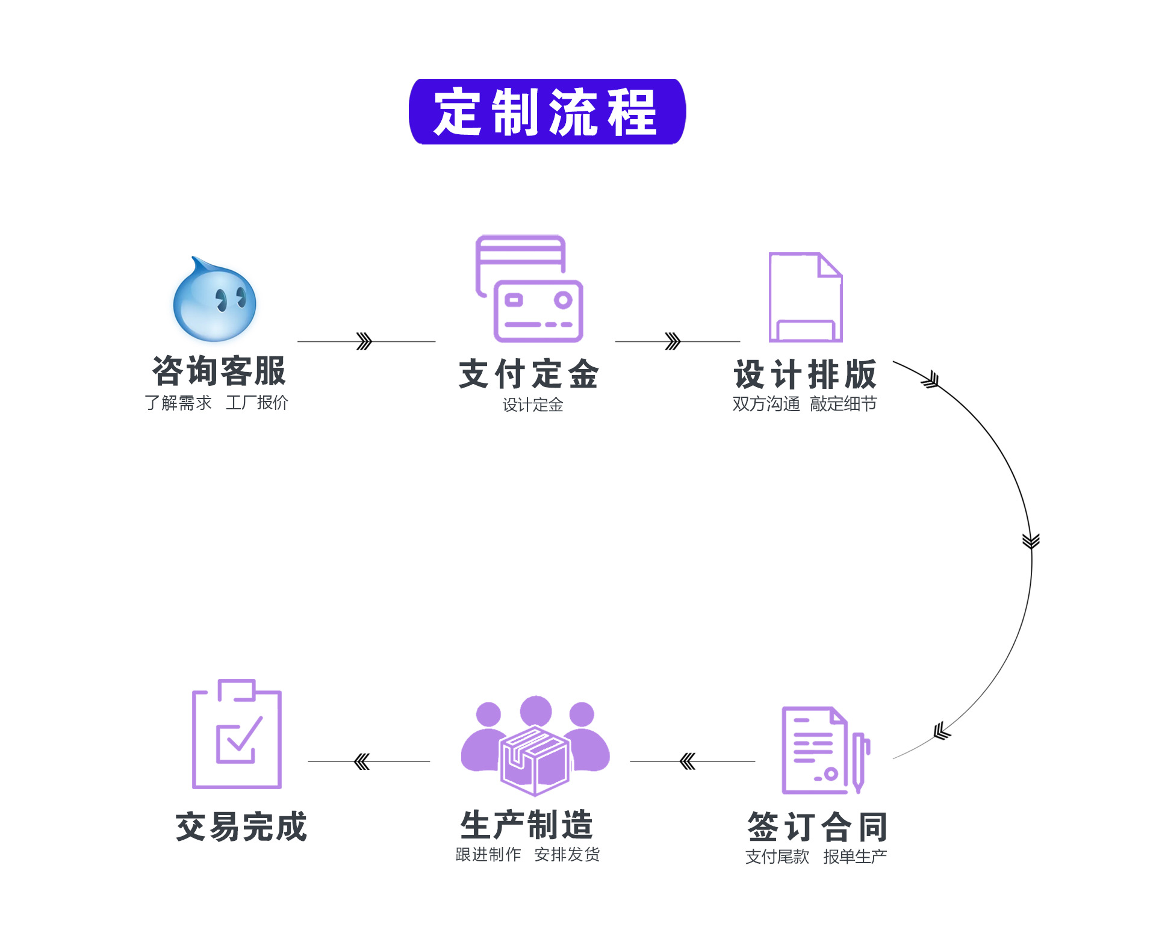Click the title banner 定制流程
tap(547, 112)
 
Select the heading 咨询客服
tap(219, 371)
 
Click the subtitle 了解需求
tap(178, 403)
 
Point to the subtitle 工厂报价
tap(257, 403)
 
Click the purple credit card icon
tap(530, 289)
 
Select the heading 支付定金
tap(529, 374)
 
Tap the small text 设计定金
tap(533, 405)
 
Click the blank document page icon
tap(805, 297)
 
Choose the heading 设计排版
tap(805, 374)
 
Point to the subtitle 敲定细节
tap(843, 404)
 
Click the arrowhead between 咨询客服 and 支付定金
tap(364, 341)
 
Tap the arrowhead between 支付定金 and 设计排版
tap(673, 341)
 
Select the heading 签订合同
tap(817, 826)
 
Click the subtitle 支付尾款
tap(777, 857)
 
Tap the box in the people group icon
tap(535, 760)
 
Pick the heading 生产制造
tap(527, 825)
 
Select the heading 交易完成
tap(241, 826)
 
